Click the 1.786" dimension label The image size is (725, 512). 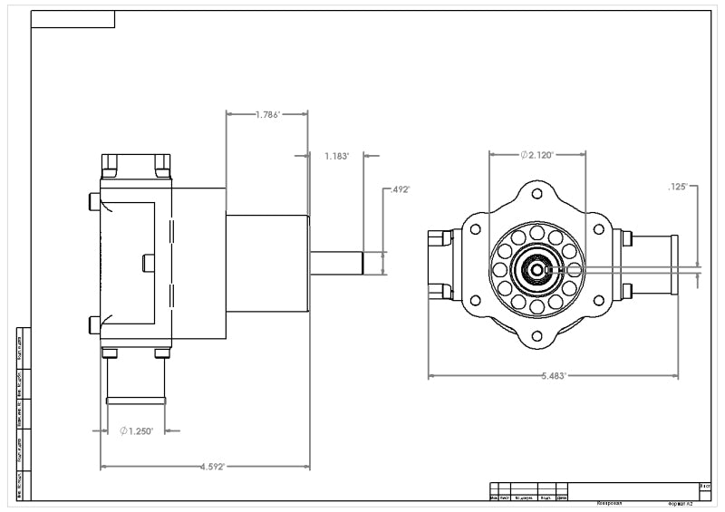coord(267,115)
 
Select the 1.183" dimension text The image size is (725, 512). coord(336,156)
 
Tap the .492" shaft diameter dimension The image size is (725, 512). coord(400,190)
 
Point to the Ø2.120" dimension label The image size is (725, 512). coord(537,155)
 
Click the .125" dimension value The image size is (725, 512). coord(679,187)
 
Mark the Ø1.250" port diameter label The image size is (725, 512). coord(137,430)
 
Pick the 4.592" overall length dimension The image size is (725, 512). coord(206,467)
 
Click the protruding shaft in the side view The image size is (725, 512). coord(336,263)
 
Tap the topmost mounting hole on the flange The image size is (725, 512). coord(536,194)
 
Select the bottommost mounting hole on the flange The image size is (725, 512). coord(536,336)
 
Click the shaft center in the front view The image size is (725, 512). coord(536,269)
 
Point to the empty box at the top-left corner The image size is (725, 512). coord(72,19)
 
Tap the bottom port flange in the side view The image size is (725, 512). coord(136,400)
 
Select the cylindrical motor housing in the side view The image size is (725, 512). coord(266,263)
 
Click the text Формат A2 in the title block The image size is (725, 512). coord(680,503)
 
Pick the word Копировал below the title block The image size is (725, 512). coord(608,503)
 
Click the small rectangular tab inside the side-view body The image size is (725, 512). coord(149,263)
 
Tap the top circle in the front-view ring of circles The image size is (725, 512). coord(536,233)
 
